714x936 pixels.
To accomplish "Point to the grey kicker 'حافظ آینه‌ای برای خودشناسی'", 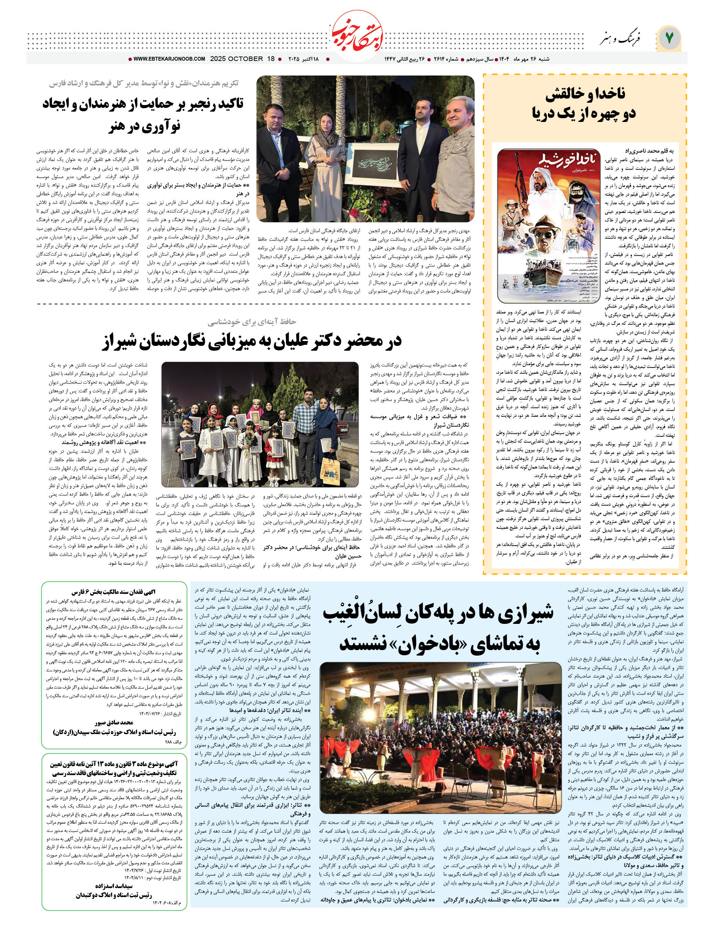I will [252, 322].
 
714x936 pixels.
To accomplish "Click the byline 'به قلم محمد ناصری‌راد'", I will [649, 151].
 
